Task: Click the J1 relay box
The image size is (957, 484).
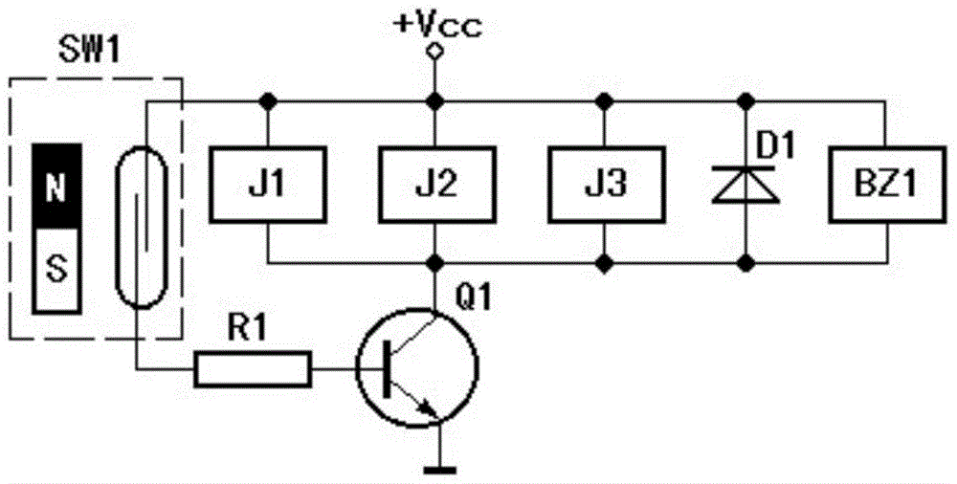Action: [x=267, y=184]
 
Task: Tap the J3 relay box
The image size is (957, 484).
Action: [x=603, y=184]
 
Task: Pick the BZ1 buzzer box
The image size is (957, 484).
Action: [x=884, y=184]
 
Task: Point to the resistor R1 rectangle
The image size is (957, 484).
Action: [x=253, y=368]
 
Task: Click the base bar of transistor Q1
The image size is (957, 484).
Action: [x=387, y=368]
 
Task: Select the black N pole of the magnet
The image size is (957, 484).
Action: [x=56, y=187]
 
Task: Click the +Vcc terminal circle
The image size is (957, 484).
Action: [x=434, y=53]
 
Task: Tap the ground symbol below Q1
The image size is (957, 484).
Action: [x=439, y=470]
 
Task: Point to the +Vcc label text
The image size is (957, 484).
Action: [x=438, y=26]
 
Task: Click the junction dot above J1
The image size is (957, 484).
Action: [x=267, y=100]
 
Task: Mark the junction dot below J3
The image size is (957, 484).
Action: [x=604, y=264]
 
